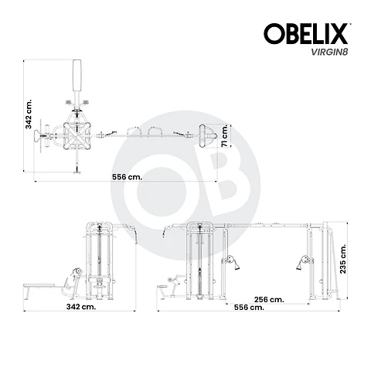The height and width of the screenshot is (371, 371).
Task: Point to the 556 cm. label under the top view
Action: (127, 177)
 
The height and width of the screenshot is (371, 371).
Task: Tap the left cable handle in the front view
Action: (229, 262)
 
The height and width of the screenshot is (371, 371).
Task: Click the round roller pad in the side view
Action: (76, 273)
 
